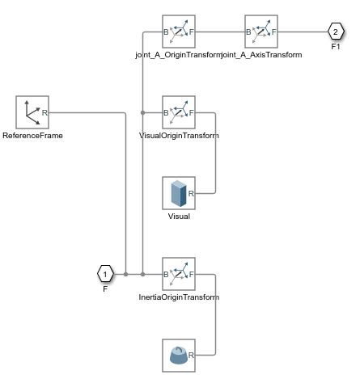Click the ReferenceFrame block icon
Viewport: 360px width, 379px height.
[32, 112]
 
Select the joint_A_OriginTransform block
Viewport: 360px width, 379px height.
[179, 32]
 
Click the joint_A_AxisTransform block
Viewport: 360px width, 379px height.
[261, 32]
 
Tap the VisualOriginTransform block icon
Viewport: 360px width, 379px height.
[179, 112]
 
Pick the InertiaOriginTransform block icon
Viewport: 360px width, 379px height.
[179, 274]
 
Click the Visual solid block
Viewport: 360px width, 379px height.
[179, 193]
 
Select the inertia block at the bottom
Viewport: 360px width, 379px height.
[179, 355]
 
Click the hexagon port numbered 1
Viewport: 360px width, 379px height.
[104, 275]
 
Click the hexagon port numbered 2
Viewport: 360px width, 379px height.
[336, 32]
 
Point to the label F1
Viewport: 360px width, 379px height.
[336, 48]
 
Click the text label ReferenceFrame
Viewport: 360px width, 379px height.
[32, 136]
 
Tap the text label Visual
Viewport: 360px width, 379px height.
[179, 217]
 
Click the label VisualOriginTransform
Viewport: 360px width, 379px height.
[179, 136]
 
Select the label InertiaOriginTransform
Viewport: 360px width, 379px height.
[179, 297]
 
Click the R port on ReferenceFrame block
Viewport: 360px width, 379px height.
[44, 112]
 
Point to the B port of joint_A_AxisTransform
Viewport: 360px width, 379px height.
[249, 32]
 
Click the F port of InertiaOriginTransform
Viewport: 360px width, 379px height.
[191, 275]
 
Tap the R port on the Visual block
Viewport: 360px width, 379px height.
[191, 193]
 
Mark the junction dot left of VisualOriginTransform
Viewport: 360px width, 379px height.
[142, 112]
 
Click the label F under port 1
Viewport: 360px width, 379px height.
[104, 289]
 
